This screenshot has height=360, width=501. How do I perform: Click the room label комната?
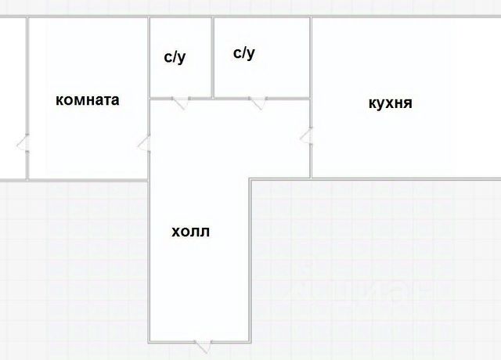[x=87, y=100]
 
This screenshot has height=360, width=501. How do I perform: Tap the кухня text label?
[x=390, y=103]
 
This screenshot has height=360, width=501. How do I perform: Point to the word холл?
[x=191, y=232]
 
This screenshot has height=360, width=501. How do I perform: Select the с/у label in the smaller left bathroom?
[x=175, y=57]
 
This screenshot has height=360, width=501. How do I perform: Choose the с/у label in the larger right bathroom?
[x=244, y=53]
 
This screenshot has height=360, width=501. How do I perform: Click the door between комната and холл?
[x=145, y=143]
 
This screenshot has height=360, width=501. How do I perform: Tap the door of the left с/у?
[x=180, y=101]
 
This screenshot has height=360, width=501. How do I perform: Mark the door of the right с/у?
[x=257, y=102]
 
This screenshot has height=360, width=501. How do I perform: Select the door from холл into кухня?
[x=307, y=137]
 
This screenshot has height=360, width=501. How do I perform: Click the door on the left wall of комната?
[x=24, y=143]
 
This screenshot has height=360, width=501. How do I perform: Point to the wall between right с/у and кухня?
[x=312, y=59]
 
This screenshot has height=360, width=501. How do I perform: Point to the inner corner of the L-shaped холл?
[x=250, y=179]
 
